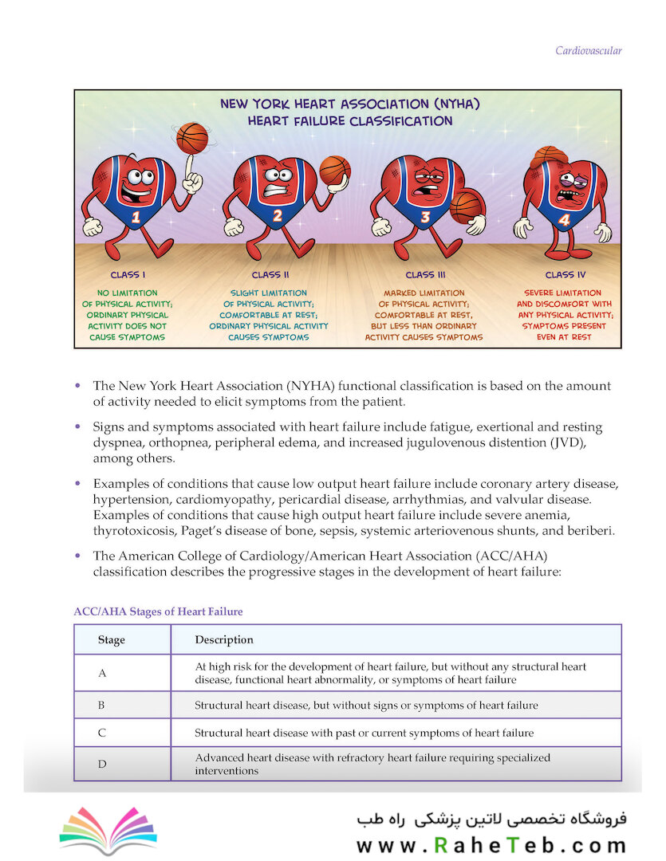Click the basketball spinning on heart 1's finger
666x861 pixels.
point(192,138)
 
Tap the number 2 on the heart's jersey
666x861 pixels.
point(277,214)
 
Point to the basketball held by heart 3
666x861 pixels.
point(465,206)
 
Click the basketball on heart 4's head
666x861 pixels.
point(549,155)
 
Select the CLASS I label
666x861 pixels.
point(128,275)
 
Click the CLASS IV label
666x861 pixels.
point(565,275)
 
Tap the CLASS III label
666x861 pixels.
point(425,275)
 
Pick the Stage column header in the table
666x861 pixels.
point(112,639)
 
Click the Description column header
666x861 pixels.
point(224,639)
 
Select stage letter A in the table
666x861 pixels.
point(102,673)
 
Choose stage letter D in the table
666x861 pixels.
point(102,765)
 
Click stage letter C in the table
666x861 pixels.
point(102,732)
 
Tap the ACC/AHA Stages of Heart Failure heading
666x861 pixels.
point(158,611)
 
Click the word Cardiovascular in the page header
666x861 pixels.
point(589,51)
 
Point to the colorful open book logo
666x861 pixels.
point(108,829)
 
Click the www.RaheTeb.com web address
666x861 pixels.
point(491,846)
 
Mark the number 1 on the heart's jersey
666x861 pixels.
point(136,216)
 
